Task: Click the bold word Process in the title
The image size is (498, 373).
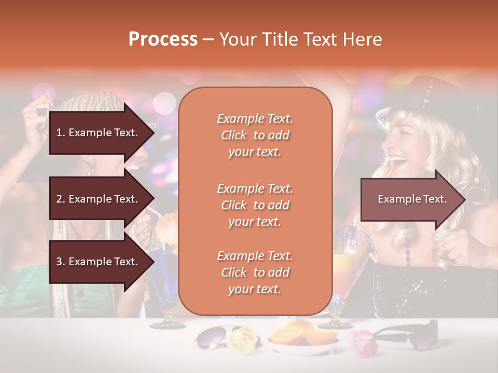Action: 163,39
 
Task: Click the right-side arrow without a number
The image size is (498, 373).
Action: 412,199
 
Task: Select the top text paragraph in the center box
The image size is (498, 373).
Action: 255,135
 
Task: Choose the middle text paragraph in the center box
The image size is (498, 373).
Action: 255,205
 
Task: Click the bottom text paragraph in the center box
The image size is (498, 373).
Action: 255,272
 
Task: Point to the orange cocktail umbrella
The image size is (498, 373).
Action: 167,223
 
